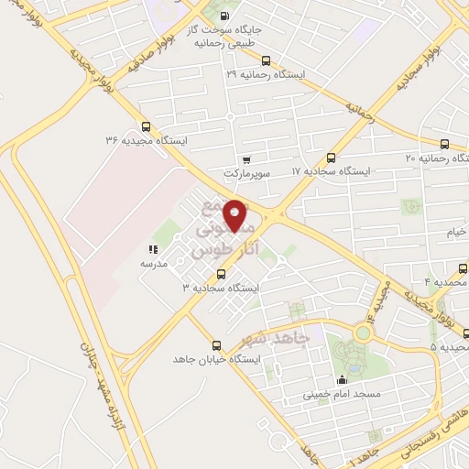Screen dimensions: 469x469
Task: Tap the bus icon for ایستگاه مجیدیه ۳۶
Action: click(x=146, y=127)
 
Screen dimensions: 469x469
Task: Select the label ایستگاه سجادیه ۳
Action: click(x=221, y=288)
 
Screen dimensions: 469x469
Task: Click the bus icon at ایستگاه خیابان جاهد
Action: click(x=216, y=345)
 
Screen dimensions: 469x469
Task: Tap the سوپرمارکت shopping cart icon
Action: click(x=245, y=158)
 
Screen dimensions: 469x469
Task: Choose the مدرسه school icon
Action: click(x=153, y=248)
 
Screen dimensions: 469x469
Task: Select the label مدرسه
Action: click(x=152, y=263)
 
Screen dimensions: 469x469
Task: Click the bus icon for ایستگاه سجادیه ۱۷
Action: click(x=331, y=158)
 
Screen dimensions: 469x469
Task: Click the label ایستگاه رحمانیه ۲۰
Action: click(x=439, y=158)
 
